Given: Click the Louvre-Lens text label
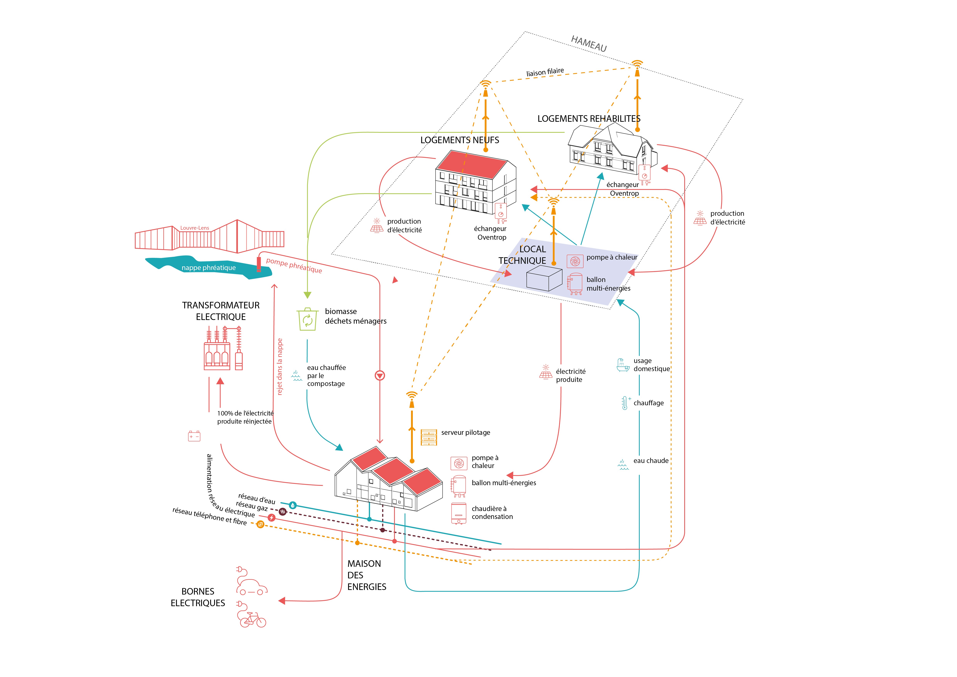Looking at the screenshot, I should coord(195,228).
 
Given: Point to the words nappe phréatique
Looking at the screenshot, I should coord(208,268).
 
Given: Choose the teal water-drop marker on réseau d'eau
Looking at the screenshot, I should coord(293,505).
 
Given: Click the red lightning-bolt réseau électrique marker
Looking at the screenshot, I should coord(271,518).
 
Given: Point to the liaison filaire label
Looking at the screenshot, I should coord(545,72).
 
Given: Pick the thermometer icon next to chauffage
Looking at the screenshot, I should coord(625,403).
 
